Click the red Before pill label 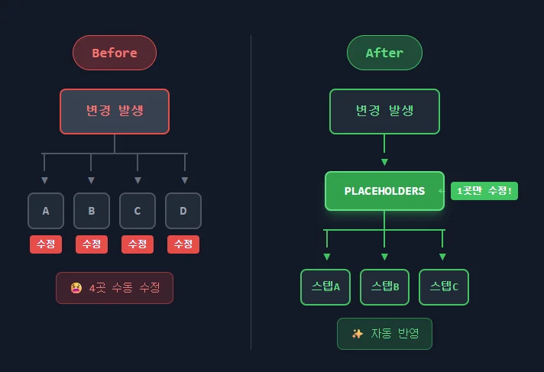coord(115,53)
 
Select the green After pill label coord(384,53)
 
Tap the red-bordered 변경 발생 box coord(115,112)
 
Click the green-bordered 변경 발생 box coord(384,112)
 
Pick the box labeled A coord(46,211)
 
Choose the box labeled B coord(92,211)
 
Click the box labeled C coord(138,211)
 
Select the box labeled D coord(183,211)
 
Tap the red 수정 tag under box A coord(46,244)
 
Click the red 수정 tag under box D coord(183,244)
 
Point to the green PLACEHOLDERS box coord(384,191)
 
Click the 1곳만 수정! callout coord(484,191)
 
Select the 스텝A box coord(325,287)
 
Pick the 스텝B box coord(385,287)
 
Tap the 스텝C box coord(444,287)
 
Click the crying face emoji coord(76,288)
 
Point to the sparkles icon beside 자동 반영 coord(358,334)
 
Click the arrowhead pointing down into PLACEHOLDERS coord(384,162)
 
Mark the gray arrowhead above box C coord(138,180)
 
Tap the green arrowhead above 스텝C coord(442,257)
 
